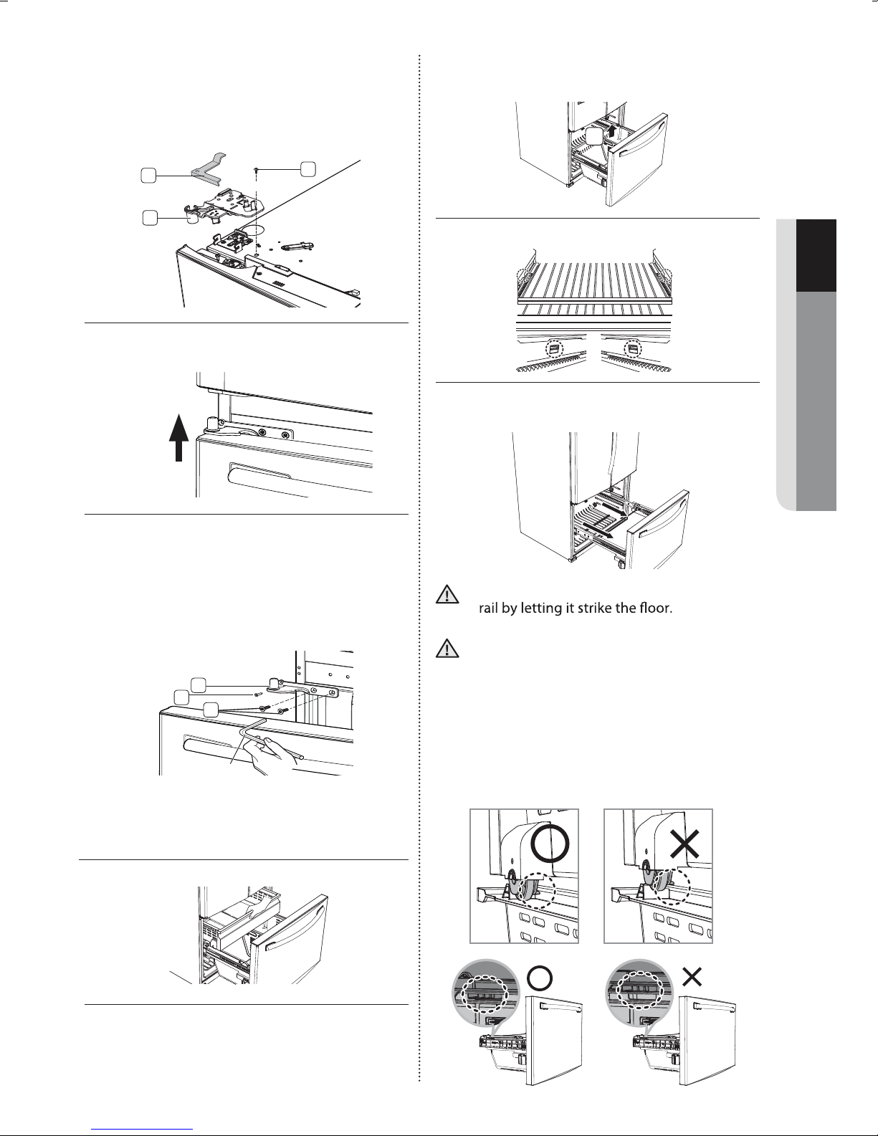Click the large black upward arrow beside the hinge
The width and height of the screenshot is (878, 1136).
coord(178,437)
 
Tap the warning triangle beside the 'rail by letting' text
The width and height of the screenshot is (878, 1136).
coord(447,594)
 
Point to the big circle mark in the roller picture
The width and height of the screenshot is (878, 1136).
coord(549,844)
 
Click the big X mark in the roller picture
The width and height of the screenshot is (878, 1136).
coord(684,844)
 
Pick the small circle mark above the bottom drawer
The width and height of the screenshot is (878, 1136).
coord(539,977)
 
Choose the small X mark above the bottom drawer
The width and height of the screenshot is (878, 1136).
coord(692,976)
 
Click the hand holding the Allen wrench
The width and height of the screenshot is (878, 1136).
coord(273,756)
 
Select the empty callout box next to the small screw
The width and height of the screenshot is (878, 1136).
coord(307,168)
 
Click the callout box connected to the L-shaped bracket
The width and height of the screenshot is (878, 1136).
coord(148,176)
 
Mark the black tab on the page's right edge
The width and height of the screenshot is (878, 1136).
coord(816,255)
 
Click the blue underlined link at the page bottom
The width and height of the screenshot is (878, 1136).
coord(142,1128)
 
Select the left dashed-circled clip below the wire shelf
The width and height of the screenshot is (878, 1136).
coord(555,348)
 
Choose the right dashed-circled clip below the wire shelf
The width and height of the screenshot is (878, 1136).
coord(633,348)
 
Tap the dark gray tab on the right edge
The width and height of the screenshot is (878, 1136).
coord(816,401)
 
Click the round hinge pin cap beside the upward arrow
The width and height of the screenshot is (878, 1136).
coord(213,423)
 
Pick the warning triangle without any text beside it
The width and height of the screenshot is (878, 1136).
coord(447,648)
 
